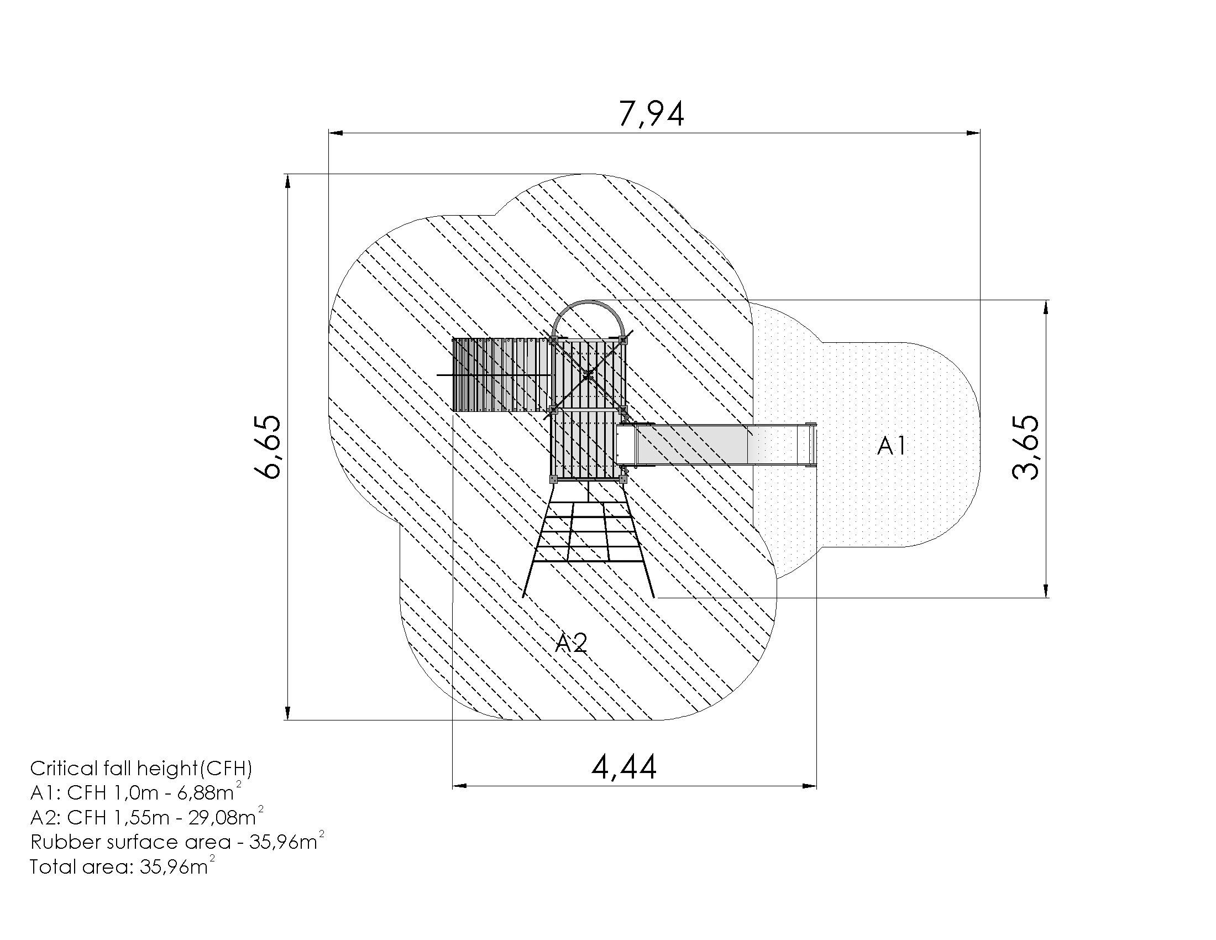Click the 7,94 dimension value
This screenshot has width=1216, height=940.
(652, 114)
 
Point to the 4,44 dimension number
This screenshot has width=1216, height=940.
(624, 767)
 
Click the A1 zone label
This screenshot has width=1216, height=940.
(892, 446)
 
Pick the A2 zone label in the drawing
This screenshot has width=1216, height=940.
(572, 643)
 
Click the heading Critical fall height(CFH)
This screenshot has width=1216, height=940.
(141, 769)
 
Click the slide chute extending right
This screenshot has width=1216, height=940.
(716, 444)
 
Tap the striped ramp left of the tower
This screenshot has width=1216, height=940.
(502, 374)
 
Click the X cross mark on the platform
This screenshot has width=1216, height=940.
(588, 375)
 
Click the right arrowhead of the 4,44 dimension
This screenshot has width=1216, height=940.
(810, 786)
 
